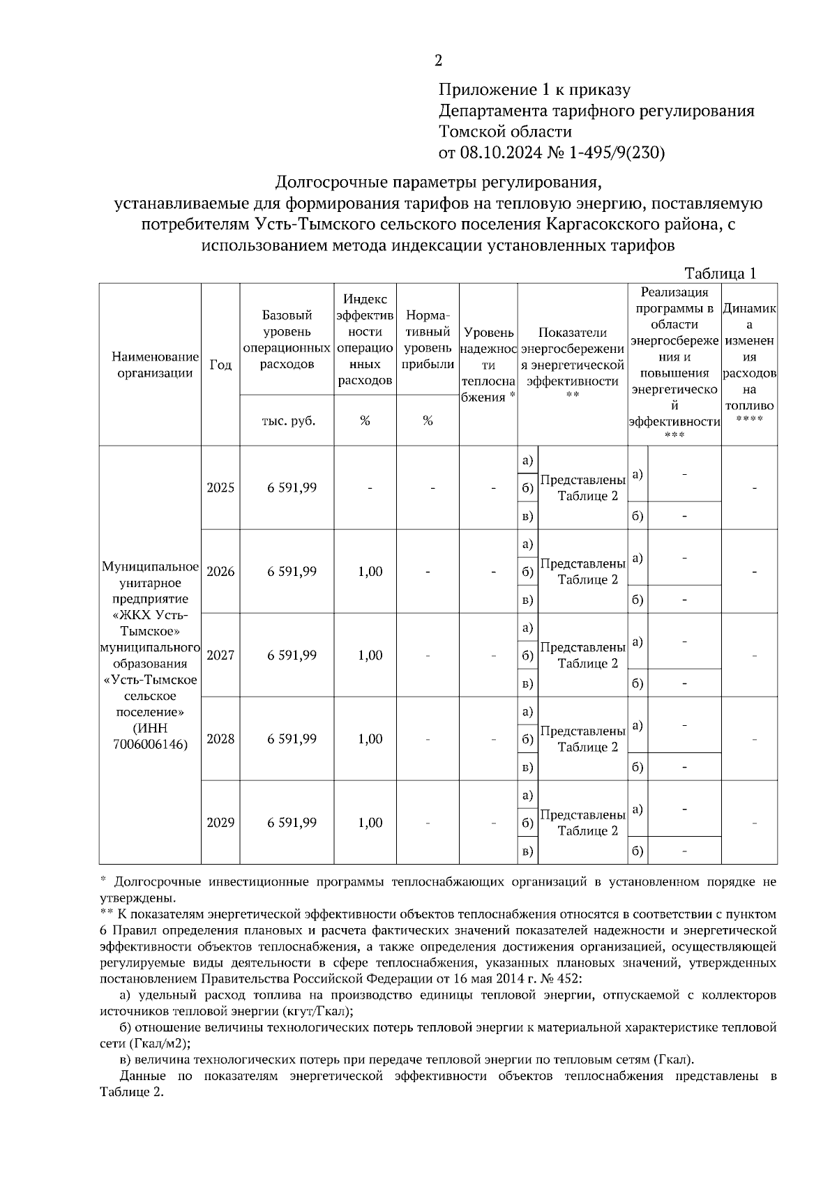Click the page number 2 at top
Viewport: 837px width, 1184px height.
click(438, 61)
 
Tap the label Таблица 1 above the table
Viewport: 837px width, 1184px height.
click(720, 273)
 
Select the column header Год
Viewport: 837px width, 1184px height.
click(220, 365)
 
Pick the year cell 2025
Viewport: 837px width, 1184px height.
click(220, 487)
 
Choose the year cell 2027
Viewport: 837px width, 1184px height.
click(220, 655)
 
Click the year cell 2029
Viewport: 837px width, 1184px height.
click(220, 822)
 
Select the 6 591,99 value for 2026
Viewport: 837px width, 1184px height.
click(292, 571)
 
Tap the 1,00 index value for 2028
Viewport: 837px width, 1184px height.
click(370, 738)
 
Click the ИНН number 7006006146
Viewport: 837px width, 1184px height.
click(150, 745)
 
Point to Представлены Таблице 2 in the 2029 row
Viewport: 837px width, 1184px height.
click(582, 822)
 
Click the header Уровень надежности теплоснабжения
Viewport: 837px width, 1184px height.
click(488, 365)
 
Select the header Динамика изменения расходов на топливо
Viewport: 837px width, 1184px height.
click(749, 365)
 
